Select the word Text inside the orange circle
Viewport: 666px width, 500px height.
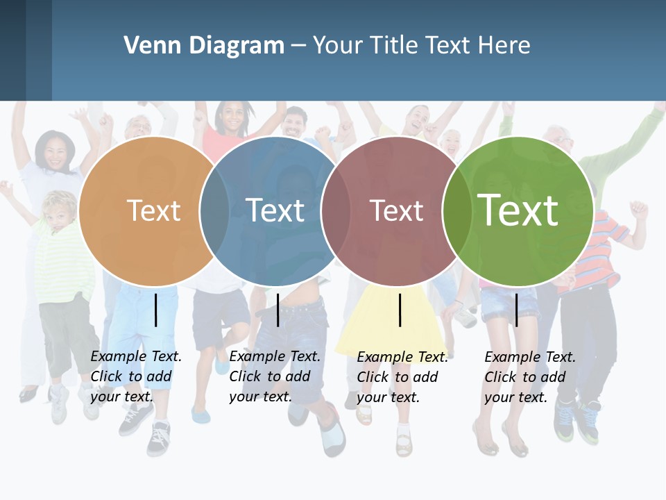pyautogui.click(x=153, y=210)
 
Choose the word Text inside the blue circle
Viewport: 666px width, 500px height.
pyautogui.click(x=275, y=210)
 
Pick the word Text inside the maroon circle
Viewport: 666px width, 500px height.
pyautogui.click(x=396, y=210)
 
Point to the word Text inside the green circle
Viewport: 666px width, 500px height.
pyautogui.click(x=518, y=210)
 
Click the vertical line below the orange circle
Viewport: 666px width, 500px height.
pyautogui.click(x=156, y=310)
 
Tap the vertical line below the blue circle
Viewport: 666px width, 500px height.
pyautogui.click(x=277, y=310)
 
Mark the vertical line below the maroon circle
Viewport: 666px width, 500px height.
pyautogui.click(x=400, y=310)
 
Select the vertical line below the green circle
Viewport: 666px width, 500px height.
pyautogui.click(x=516, y=310)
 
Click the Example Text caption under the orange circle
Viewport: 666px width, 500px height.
pyautogui.click(x=136, y=376)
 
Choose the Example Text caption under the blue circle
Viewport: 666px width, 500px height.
pyautogui.click(x=275, y=376)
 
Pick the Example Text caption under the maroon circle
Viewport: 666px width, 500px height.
pyautogui.click(x=402, y=377)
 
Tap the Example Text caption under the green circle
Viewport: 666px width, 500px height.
pyautogui.click(x=530, y=377)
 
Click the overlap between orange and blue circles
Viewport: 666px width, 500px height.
pyautogui.click(x=214, y=211)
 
